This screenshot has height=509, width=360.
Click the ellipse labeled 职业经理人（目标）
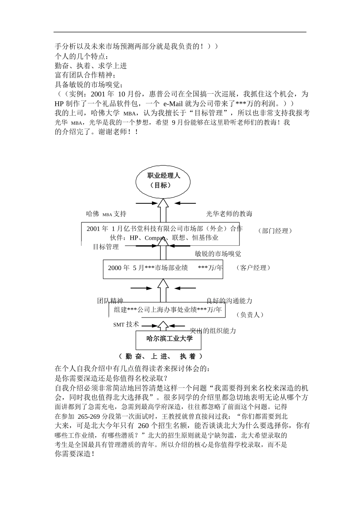click(163, 181)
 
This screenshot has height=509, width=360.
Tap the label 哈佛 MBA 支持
click(106, 214)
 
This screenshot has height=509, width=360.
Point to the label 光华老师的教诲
click(229, 214)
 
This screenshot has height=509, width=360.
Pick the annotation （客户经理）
click(253, 268)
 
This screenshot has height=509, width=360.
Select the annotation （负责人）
click(249, 315)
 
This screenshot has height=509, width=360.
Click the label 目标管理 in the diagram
click(106, 247)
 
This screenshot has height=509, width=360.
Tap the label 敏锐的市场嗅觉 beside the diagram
click(218, 254)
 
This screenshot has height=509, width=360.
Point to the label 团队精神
click(110, 301)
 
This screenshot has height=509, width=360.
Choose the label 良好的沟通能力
click(229, 301)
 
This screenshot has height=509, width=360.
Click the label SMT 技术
click(126, 325)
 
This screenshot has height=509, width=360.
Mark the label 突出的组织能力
click(213, 331)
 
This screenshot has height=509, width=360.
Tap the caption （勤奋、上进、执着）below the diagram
click(161, 357)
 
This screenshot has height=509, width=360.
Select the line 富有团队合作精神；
click(86, 75)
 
